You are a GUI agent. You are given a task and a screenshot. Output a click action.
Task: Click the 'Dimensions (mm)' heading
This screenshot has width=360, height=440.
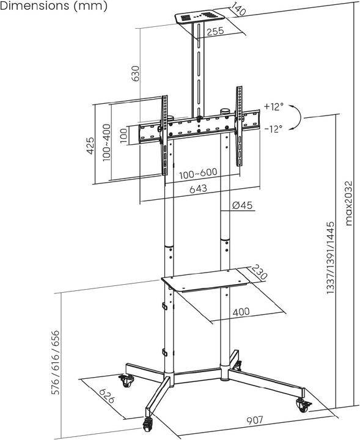point(54,6)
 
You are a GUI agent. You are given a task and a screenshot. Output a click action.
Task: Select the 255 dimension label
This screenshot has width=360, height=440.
point(215,31)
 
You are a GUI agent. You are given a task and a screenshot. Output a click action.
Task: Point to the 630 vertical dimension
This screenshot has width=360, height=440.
point(135,73)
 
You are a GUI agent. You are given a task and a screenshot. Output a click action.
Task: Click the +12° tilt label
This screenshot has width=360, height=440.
point(274,106)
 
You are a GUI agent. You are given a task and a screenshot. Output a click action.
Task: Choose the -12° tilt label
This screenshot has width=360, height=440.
point(273,129)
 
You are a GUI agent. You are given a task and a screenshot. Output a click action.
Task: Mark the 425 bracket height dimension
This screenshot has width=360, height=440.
point(90,145)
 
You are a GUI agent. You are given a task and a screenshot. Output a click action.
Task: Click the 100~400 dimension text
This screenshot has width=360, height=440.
point(106,142)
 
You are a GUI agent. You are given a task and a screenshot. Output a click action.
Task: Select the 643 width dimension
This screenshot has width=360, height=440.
point(199,189)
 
